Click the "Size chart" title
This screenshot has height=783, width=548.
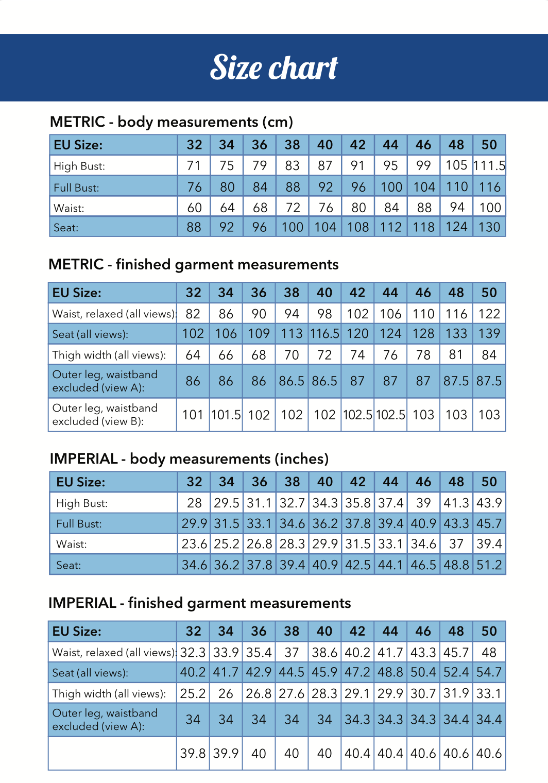[x=273, y=67]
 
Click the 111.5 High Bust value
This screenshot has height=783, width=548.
[x=489, y=165]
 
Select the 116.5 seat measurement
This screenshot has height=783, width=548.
[x=324, y=334]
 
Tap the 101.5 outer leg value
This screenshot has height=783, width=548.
[x=226, y=415]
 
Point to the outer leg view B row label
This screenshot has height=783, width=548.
[x=105, y=415]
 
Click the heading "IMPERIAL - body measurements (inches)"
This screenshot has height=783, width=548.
[x=189, y=458]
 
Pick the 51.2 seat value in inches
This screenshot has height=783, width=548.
[x=489, y=565]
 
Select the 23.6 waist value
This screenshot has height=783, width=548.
[x=194, y=544]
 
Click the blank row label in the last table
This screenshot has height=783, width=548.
[x=112, y=753]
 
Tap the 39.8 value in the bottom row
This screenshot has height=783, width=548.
[x=193, y=753]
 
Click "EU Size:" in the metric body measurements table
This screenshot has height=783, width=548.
[x=78, y=145]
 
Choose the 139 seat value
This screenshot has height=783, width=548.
[x=489, y=334]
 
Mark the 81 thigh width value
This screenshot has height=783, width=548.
[x=456, y=354]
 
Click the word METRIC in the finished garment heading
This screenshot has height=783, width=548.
[x=76, y=264]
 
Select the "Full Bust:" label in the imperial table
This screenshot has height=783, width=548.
[x=79, y=524]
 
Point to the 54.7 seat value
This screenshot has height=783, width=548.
[x=489, y=672]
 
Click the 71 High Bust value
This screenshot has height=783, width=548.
[x=194, y=165]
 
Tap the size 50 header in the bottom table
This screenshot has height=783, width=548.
[x=489, y=631]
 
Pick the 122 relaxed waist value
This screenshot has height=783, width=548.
[x=489, y=314]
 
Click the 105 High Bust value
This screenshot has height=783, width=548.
[x=456, y=165]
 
